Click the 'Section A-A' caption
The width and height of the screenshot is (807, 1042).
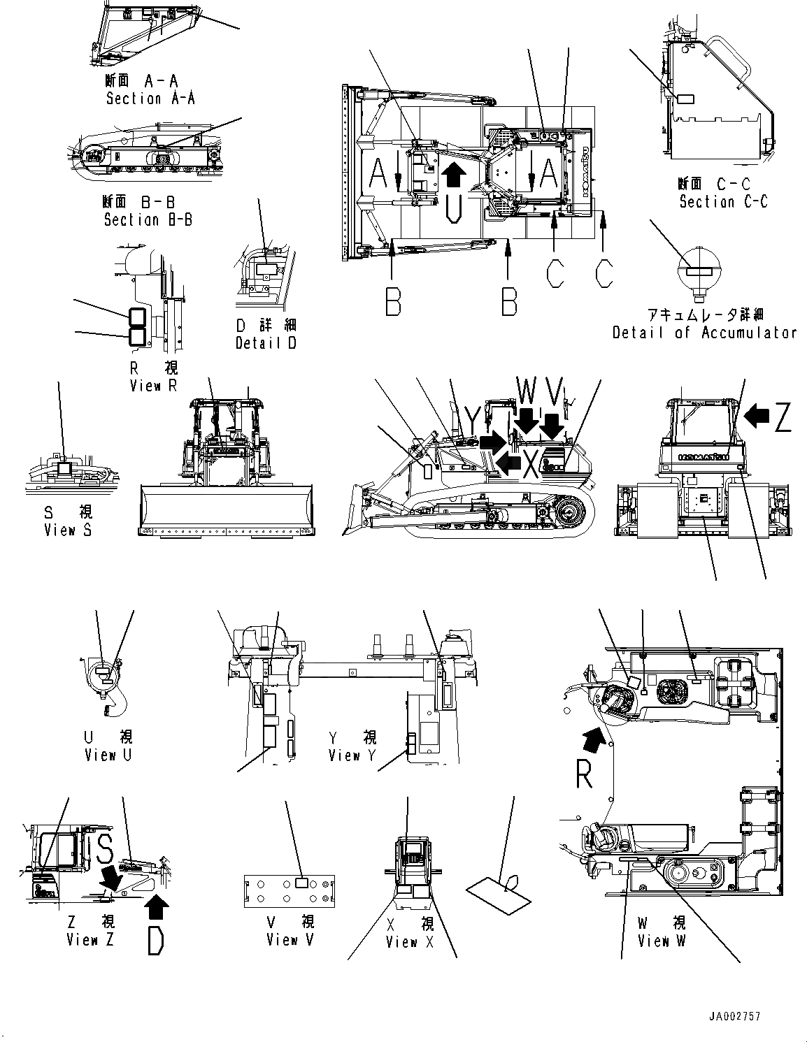(x=150, y=99)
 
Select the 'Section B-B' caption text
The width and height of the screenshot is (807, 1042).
(x=148, y=219)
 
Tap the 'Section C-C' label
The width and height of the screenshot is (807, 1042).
(x=723, y=202)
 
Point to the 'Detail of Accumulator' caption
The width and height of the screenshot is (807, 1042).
(x=704, y=333)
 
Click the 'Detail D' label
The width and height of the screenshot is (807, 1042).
(x=265, y=343)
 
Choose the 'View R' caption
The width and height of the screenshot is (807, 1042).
(x=154, y=386)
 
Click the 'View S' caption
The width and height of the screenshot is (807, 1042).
(x=68, y=530)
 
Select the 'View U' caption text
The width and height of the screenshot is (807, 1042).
(x=108, y=755)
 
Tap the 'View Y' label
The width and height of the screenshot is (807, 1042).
(x=354, y=755)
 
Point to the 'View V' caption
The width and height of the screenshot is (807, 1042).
(x=290, y=940)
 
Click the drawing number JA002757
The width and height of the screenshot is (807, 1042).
(x=732, y=1017)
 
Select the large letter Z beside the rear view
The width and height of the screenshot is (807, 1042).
(x=783, y=417)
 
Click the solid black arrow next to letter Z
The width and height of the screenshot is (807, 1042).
(x=756, y=417)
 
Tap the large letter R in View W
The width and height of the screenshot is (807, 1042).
(x=585, y=774)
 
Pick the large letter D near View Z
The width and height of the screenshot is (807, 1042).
(x=157, y=939)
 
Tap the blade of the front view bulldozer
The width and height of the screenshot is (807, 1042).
(x=227, y=512)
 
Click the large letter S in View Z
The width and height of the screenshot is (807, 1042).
(x=105, y=848)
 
